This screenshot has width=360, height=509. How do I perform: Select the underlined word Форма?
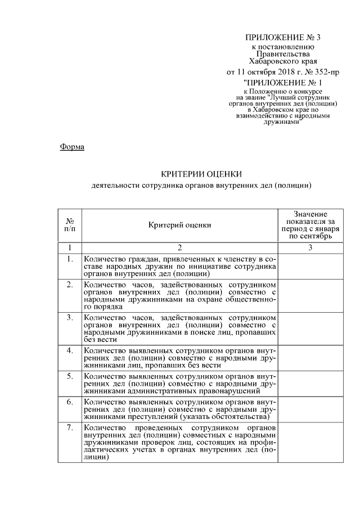(x=71, y=147)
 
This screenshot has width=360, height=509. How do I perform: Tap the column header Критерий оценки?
(x=180, y=225)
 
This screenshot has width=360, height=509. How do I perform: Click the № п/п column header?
(x=70, y=225)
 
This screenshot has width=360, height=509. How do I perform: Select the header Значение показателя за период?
(x=310, y=225)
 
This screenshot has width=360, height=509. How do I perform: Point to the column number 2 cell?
(x=180, y=247)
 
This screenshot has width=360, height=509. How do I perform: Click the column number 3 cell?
(x=310, y=247)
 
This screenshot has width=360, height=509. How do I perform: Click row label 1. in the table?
(x=70, y=259)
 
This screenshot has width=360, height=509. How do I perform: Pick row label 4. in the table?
(x=70, y=350)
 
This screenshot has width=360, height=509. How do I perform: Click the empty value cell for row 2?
(x=310, y=296)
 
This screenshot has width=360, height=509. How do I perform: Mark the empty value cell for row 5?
(x=310, y=382)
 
